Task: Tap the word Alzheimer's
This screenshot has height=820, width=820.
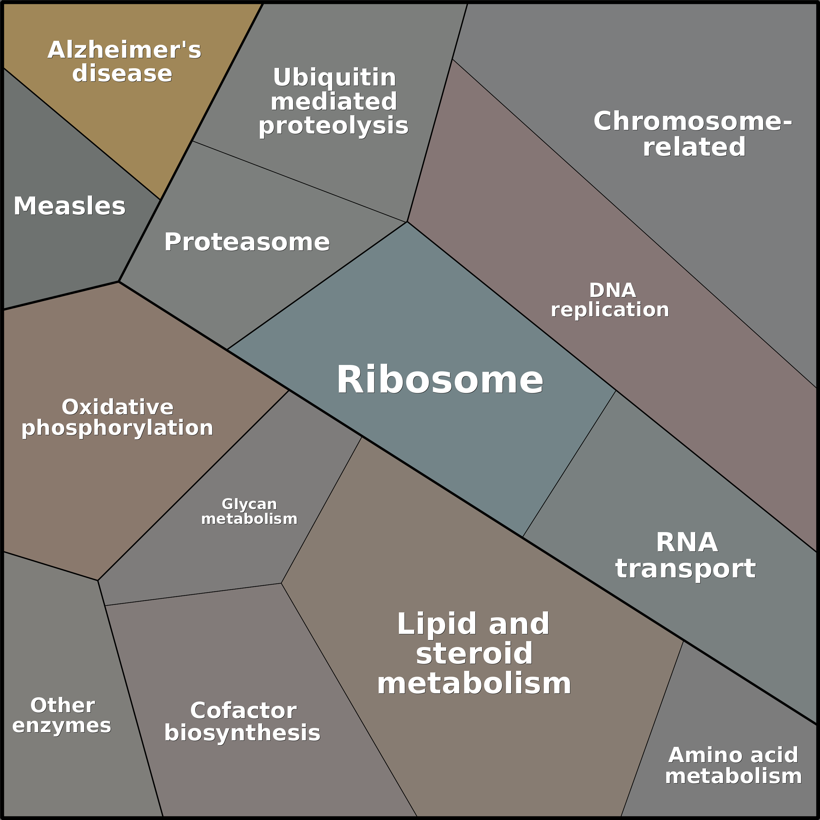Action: [x=124, y=50]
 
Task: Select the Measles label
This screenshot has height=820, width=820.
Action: [x=70, y=206]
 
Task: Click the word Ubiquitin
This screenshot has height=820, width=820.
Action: [x=335, y=78]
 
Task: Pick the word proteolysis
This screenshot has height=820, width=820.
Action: [x=334, y=126]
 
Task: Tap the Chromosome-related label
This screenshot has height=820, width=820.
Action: [x=693, y=134]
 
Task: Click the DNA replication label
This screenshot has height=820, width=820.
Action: [x=610, y=300]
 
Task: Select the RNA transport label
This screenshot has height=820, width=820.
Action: [x=686, y=556]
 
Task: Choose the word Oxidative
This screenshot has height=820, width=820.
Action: [x=118, y=407]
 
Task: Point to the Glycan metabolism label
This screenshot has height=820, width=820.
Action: [x=249, y=512]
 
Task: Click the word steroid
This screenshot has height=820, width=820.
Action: [x=474, y=654]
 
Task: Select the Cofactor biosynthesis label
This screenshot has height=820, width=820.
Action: [x=243, y=722]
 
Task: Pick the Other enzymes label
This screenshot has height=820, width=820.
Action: [x=62, y=715]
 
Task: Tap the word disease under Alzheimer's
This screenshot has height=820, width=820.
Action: [x=122, y=73]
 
